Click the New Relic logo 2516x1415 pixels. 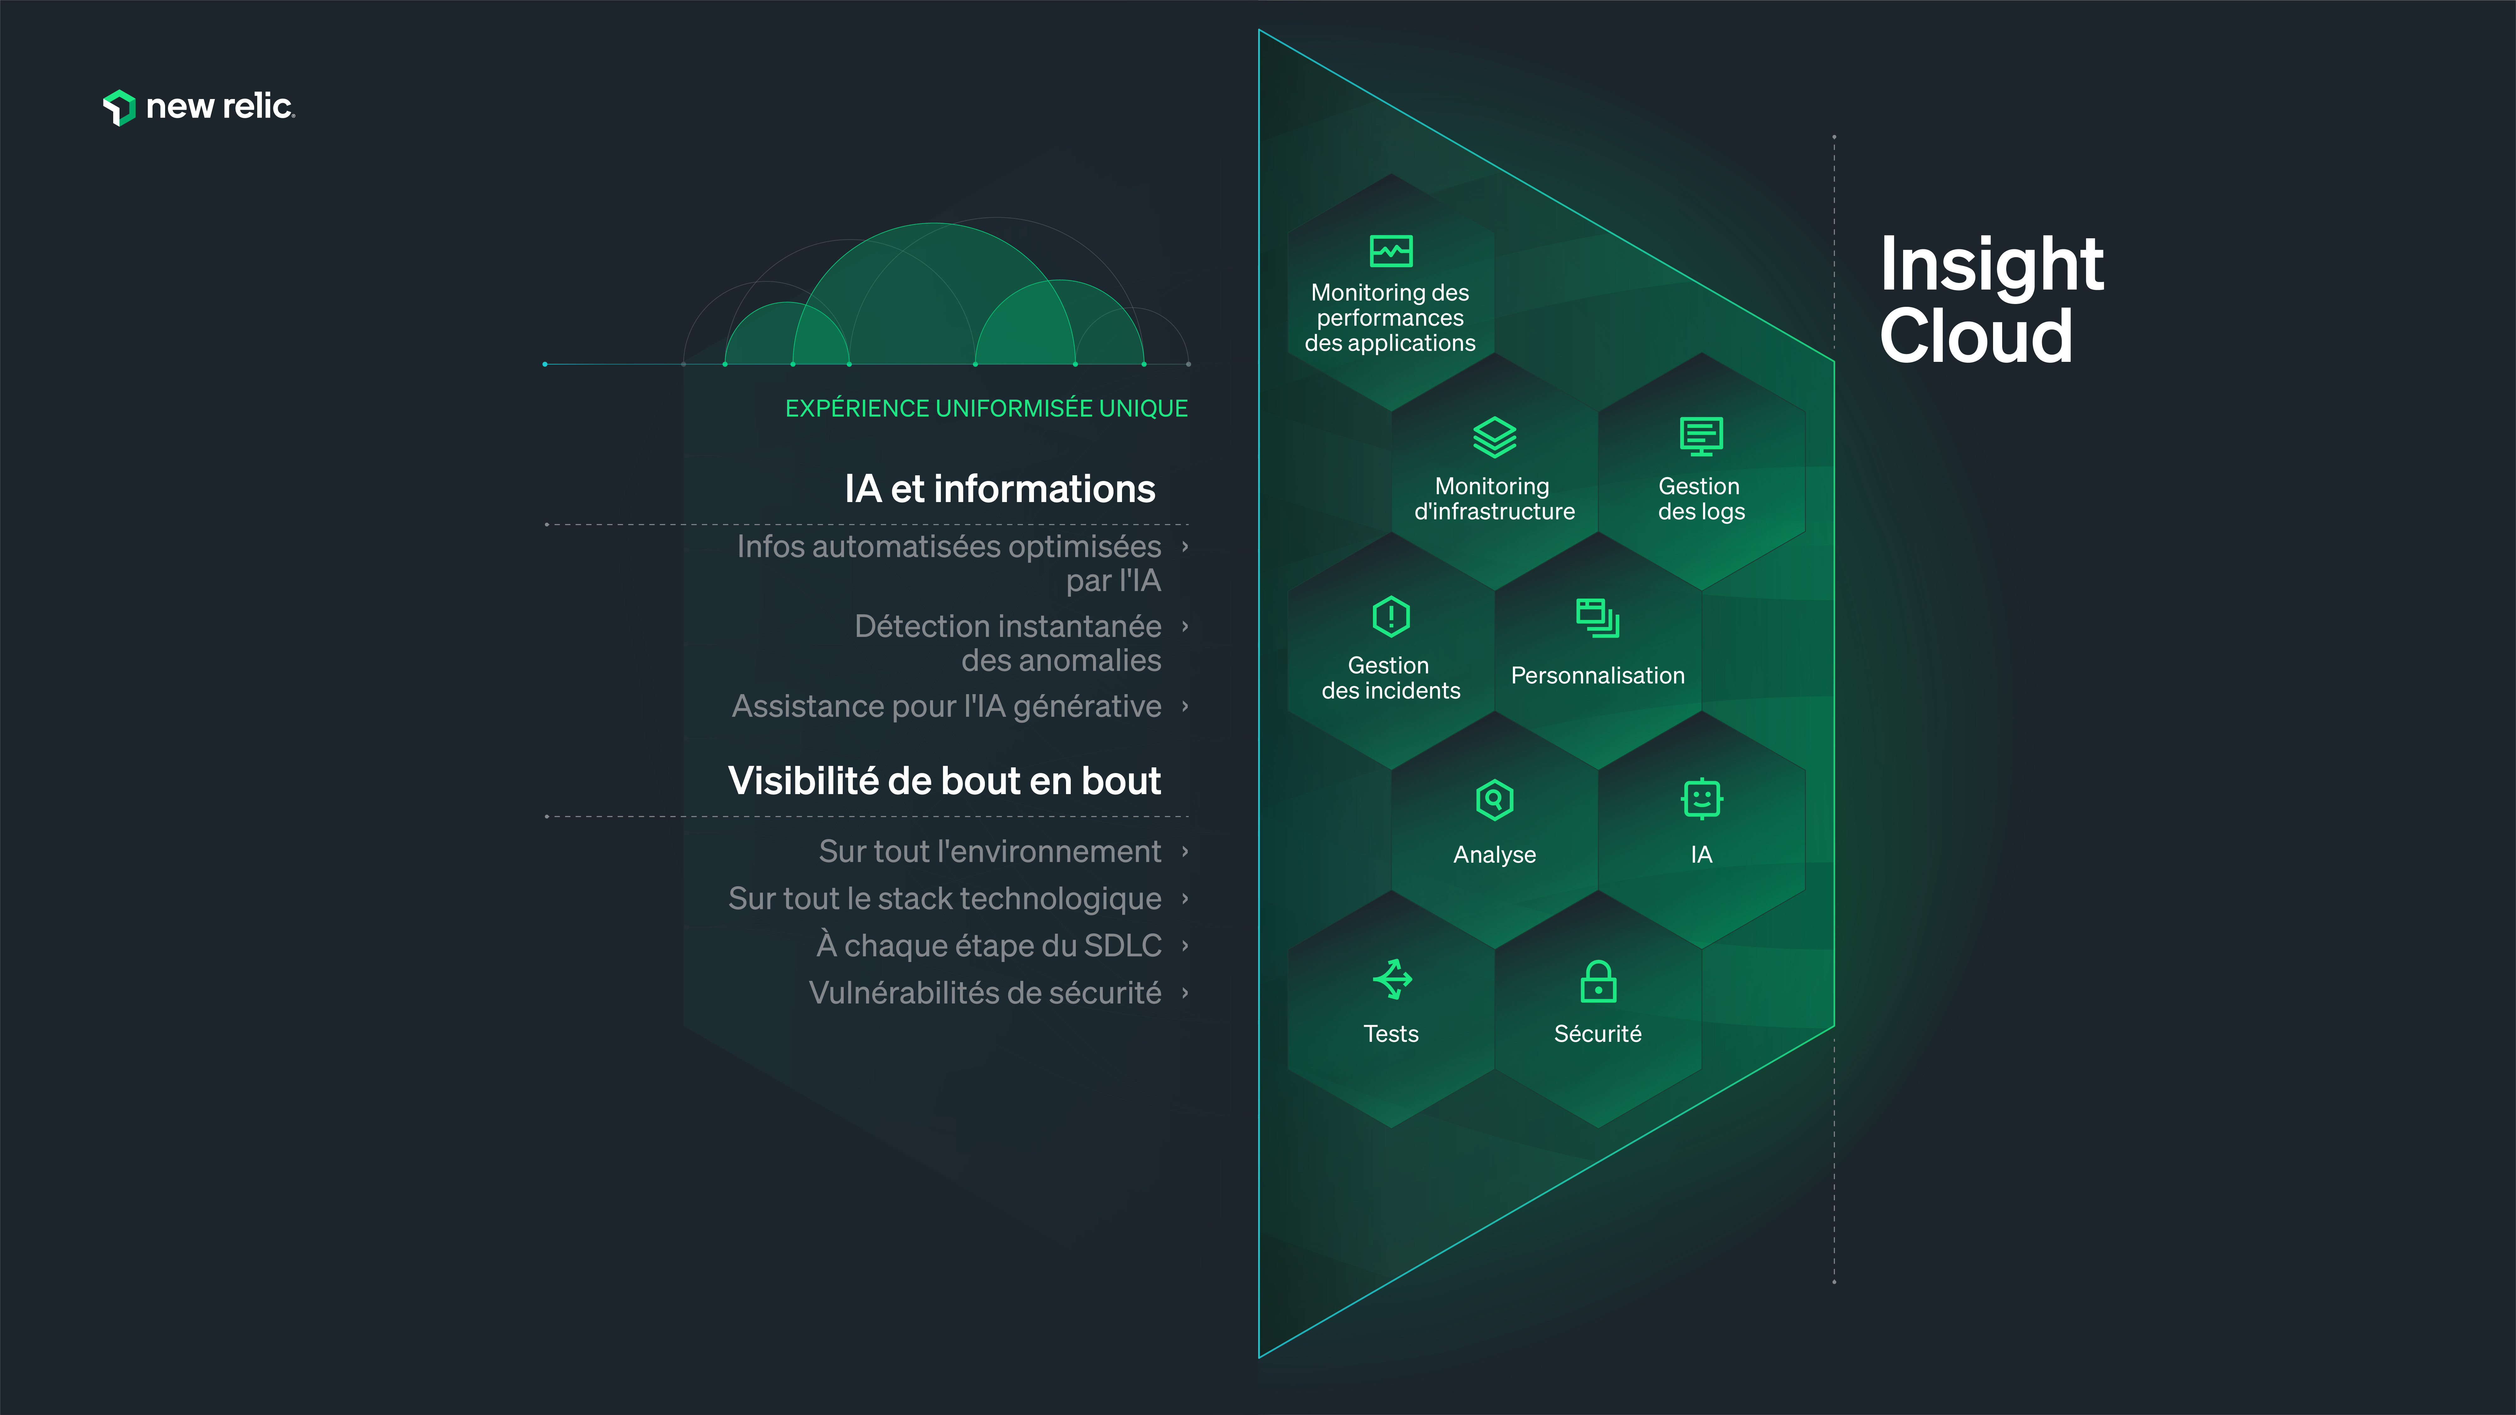[x=198, y=107]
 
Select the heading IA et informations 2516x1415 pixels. [x=999, y=488]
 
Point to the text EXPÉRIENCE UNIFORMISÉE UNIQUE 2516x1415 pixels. [x=986, y=408]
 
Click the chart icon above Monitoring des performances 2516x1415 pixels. [x=1391, y=251]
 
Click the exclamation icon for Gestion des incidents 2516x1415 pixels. [x=1391, y=616]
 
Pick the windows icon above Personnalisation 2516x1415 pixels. [x=1597, y=617]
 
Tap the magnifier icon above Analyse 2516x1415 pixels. [x=1494, y=800]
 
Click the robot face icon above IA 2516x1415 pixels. [x=1702, y=799]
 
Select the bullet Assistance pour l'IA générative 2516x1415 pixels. [x=947, y=706]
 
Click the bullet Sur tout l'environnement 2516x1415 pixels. [x=989, y=852]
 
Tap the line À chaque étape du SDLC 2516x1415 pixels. [x=988, y=945]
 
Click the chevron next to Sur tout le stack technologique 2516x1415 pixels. [x=1185, y=898]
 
